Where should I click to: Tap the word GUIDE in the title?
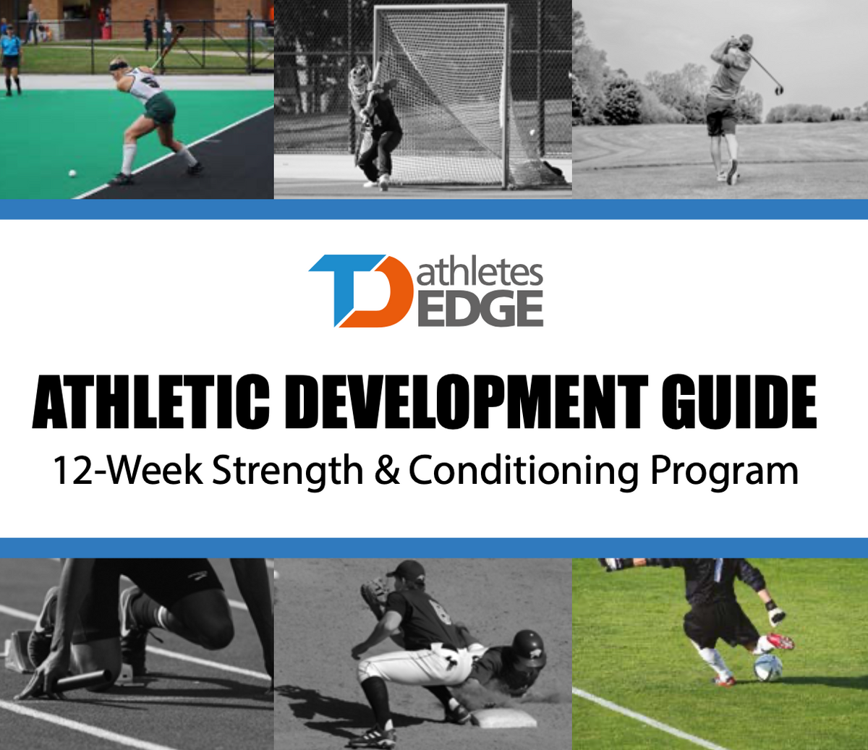[739, 402]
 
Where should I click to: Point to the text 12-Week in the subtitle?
[127, 471]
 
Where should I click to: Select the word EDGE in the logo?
[480, 309]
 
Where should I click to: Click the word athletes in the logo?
[480, 273]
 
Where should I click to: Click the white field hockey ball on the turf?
[72, 174]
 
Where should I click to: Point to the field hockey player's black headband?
[119, 66]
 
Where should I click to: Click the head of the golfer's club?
[778, 90]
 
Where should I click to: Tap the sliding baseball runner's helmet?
[529, 647]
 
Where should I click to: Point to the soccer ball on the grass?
[767, 666]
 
